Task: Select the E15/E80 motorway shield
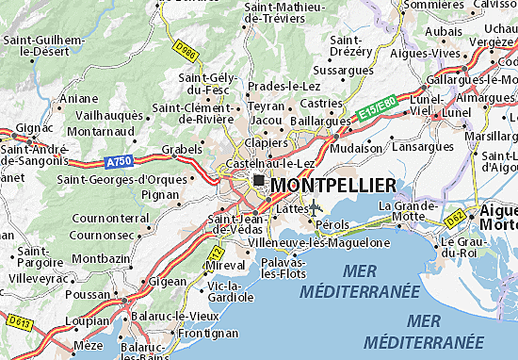(375, 112)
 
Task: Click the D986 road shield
(184, 45)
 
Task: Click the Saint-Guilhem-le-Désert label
(43, 46)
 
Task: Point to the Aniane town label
(78, 98)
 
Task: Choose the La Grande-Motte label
(408, 210)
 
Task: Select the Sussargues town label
(342, 70)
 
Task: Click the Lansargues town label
(421, 148)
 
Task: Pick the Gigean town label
(168, 282)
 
